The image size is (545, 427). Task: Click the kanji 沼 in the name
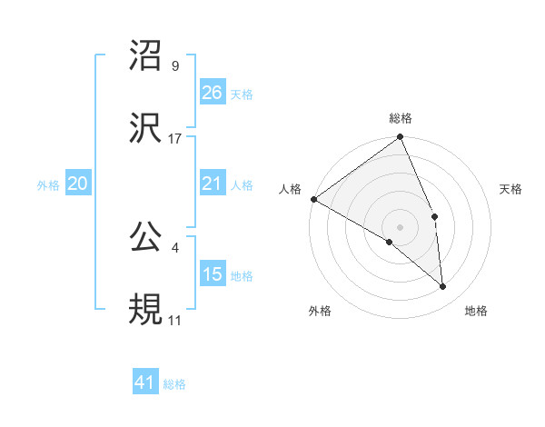click(x=146, y=56)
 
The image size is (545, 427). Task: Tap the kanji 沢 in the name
click(x=146, y=128)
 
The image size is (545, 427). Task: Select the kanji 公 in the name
click(x=146, y=238)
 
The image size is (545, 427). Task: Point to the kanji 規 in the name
click(x=146, y=310)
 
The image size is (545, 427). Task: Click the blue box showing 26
click(x=213, y=93)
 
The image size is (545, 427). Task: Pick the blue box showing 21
click(x=213, y=184)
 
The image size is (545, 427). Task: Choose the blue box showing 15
click(x=213, y=274)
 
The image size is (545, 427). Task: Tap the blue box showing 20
click(x=78, y=184)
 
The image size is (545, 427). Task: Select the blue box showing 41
click(x=145, y=383)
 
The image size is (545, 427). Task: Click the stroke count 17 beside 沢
click(x=175, y=139)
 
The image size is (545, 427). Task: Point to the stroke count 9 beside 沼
click(x=175, y=66)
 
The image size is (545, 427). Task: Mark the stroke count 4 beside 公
click(x=175, y=248)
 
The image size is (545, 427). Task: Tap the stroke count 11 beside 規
click(x=175, y=321)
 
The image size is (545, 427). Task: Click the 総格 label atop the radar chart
click(x=401, y=118)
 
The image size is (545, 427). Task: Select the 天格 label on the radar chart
click(x=511, y=189)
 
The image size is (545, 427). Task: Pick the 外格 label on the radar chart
click(x=320, y=311)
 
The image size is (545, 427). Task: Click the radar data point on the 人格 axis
click(x=313, y=199)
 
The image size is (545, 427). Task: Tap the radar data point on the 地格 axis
click(x=443, y=287)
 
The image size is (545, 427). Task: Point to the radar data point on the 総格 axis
click(x=401, y=138)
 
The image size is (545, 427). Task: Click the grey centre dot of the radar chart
click(x=401, y=226)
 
